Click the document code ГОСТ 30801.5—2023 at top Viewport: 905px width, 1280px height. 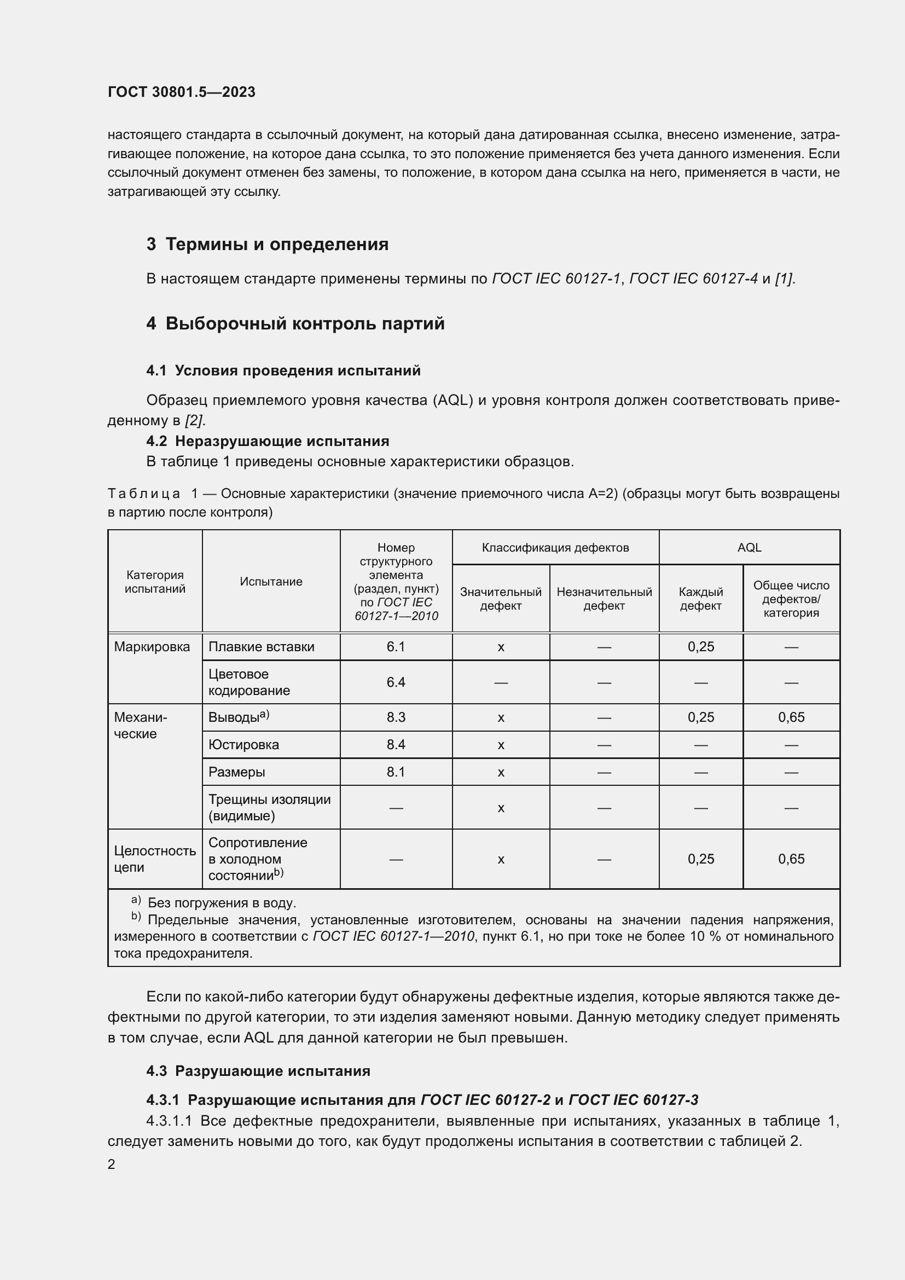click(181, 92)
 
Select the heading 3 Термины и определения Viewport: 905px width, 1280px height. click(267, 244)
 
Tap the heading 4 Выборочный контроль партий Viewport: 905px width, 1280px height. click(295, 323)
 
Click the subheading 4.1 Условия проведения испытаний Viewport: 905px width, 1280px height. click(283, 370)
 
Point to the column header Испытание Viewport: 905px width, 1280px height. click(271, 582)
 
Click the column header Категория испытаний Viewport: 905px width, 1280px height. click(155, 582)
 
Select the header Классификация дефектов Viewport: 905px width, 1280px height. click(555, 547)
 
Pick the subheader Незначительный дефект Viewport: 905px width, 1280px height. click(604, 598)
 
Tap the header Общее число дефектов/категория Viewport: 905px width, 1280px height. click(791, 599)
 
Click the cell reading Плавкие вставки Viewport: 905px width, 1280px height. click(262, 647)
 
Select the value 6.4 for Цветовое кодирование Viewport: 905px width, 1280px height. click(396, 682)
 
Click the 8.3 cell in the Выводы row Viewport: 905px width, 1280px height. click(396, 717)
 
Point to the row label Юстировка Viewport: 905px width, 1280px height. click(243, 745)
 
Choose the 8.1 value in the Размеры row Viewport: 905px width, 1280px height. click(396, 772)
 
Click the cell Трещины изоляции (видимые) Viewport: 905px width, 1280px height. click(269, 807)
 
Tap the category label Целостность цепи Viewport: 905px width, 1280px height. click(154, 859)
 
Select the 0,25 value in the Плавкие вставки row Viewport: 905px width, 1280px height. click(700, 647)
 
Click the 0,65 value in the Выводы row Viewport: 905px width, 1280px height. click(791, 717)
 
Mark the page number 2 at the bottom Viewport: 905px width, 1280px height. click(112, 1164)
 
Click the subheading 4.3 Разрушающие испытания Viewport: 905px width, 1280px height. click(258, 1071)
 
